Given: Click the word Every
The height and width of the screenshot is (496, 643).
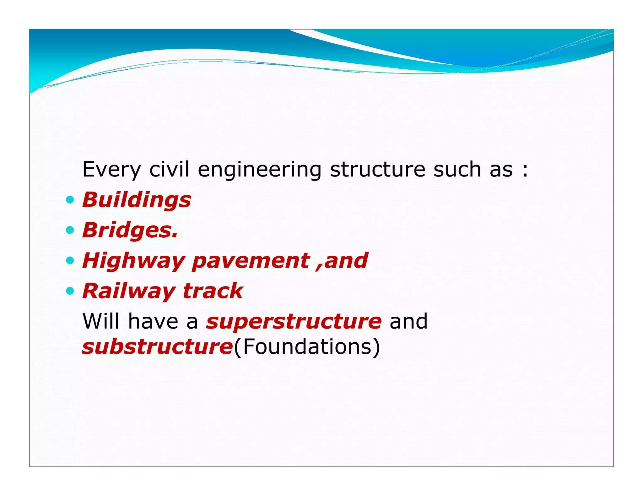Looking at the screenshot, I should pos(111,170).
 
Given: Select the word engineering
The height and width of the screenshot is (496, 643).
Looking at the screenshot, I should pos(259,170).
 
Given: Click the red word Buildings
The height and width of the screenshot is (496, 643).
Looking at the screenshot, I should pos(137,200).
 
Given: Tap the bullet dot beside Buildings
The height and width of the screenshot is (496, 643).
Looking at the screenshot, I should pos(70,200).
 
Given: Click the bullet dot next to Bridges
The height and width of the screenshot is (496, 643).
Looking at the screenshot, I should pos(70,230).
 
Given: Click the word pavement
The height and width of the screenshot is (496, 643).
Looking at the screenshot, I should pos(251,261).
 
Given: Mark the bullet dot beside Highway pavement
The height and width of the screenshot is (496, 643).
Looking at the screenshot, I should pos(70,261).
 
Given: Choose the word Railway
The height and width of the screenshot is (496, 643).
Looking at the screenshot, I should pos(129,291).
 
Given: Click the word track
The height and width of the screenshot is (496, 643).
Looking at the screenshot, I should pos(213,291).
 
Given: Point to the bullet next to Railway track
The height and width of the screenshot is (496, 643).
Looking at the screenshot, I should pos(70,291).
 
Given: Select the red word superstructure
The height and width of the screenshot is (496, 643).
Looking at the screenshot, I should pos(294,321).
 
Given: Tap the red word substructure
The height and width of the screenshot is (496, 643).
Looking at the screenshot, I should pos(157,347).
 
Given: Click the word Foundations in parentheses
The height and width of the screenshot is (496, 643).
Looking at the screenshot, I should pos(307,347).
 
